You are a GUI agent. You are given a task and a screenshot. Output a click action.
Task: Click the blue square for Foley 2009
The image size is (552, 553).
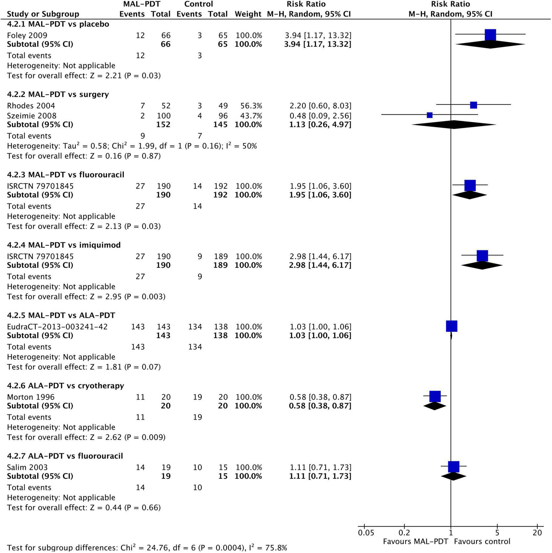(490, 35)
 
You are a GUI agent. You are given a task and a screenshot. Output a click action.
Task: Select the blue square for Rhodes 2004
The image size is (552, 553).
(473, 105)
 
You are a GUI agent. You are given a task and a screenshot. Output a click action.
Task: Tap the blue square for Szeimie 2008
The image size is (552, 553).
(430, 115)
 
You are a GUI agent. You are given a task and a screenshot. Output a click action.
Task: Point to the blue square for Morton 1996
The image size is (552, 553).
(435, 396)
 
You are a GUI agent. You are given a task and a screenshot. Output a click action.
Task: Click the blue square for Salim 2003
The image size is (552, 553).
(454, 467)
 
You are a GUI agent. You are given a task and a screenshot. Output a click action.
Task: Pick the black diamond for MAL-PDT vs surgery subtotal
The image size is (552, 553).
(454, 125)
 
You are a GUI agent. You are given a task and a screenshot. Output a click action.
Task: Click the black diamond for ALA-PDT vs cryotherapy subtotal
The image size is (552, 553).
(435, 406)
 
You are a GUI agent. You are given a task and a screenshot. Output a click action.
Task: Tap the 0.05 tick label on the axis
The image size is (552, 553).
(366, 533)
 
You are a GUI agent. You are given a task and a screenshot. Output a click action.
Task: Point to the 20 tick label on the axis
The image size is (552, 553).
(537, 533)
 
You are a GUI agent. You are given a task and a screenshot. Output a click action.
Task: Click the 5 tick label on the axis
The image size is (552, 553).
(497, 533)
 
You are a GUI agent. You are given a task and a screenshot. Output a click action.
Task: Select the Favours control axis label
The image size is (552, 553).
(482, 541)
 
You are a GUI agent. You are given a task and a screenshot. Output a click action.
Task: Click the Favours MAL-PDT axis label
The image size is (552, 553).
(415, 541)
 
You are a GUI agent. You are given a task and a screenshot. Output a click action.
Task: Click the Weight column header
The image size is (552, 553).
(248, 14)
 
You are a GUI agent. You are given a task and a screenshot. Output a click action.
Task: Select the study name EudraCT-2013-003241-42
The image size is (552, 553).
(57, 327)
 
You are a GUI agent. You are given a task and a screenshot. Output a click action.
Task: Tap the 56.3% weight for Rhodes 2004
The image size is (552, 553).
(249, 106)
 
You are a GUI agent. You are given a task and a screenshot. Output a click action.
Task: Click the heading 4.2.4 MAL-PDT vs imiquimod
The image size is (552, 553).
(64, 245)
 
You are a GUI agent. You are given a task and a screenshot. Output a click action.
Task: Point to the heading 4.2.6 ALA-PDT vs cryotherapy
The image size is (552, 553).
(66, 386)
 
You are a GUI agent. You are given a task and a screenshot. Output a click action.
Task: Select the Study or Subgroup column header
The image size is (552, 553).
(43, 14)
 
